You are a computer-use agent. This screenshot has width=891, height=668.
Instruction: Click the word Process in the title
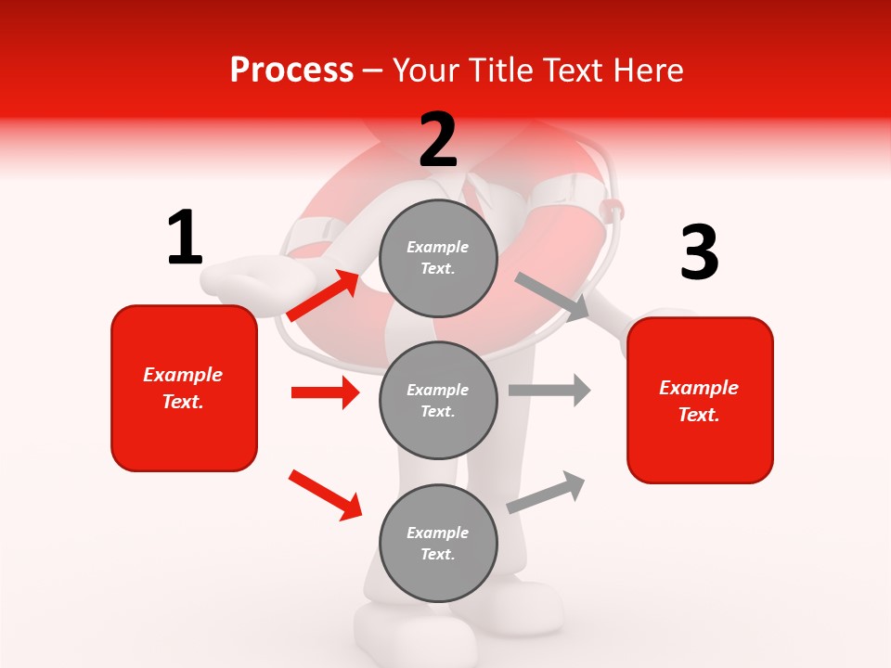[x=291, y=71]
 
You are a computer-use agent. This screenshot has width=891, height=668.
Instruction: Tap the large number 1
[x=185, y=238]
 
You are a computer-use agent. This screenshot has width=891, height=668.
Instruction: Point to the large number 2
[x=438, y=140]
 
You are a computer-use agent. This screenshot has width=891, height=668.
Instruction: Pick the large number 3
[x=699, y=253]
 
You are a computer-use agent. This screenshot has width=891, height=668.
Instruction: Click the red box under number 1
[x=184, y=388]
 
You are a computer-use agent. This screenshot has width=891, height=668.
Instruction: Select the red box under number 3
[x=700, y=400]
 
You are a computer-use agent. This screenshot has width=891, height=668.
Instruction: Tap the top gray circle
[x=438, y=258]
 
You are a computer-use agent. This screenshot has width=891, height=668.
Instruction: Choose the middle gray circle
[x=438, y=400]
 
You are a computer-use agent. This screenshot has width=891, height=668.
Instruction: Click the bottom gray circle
[x=438, y=543]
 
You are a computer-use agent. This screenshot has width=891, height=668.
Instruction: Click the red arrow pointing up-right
[x=323, y=295]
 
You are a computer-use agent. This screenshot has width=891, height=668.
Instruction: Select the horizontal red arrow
[x=325, y=392]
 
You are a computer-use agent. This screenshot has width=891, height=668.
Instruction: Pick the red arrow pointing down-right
[x=325, y=495]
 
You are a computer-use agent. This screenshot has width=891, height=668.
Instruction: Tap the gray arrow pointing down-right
[x=553, y=296]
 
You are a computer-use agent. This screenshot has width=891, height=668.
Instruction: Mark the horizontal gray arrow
[x=549, y=390]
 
